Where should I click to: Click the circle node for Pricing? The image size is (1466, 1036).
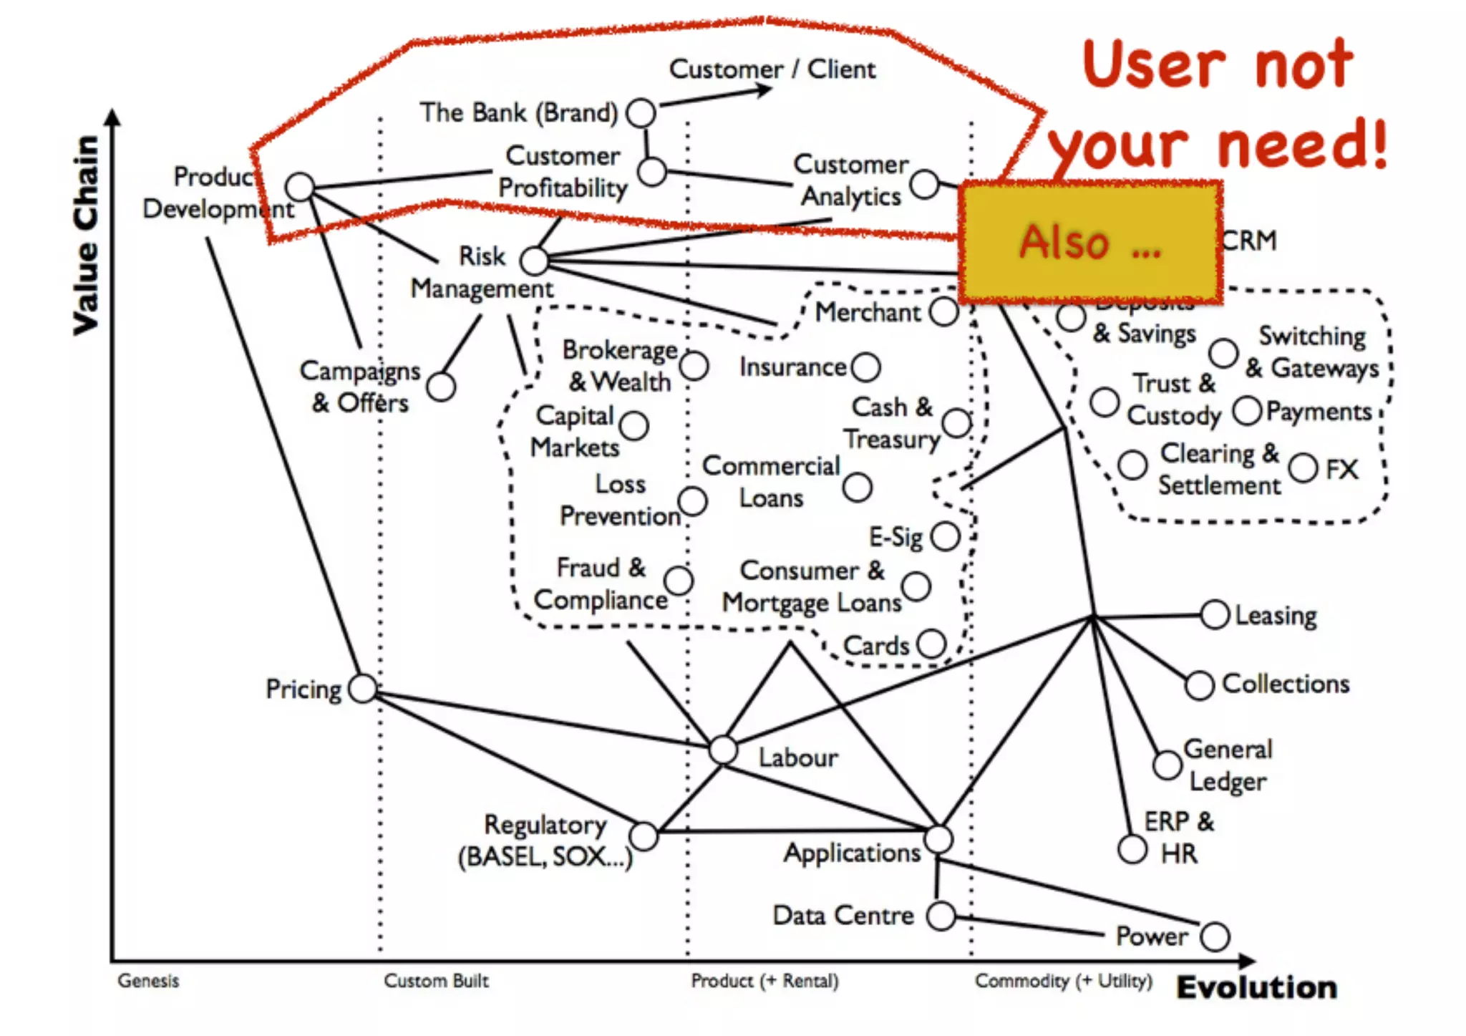click(x=363, y=688)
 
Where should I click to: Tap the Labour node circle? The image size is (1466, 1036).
click(x=723, y=750)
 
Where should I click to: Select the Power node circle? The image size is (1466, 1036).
click(x=1215, y=936)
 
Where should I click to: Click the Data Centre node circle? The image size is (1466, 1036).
click(x=941, y=915)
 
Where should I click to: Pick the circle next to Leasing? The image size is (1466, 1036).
click(x=1215, y=615)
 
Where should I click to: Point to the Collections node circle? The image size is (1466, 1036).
click(x=1199, y=685)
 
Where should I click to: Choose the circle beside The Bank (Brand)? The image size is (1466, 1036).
click(x=641, y=112)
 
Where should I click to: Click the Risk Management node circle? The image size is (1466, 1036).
click(x=534, y=261)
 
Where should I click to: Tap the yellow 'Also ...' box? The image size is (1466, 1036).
click(x=1089, y=241)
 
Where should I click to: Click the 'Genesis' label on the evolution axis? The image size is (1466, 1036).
click(x=148, y=980)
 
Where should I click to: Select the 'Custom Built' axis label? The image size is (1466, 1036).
click(x=436, y=980)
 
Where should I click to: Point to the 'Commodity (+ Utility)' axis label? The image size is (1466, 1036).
click(x=1064, y=980)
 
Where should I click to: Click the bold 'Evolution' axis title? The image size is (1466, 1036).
click(x=1257, y=987)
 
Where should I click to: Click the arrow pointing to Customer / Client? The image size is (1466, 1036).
click(x=716, y=96)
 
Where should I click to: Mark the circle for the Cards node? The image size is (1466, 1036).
click(x=931, y=644)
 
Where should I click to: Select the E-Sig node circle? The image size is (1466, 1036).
click(x=946, y=536)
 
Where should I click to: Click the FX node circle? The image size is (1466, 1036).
click(x=1303, y=468)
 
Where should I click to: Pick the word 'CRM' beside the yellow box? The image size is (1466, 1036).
click(x=1249, y=241)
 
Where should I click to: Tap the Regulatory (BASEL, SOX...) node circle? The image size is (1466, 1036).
click(x=644, y=836)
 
